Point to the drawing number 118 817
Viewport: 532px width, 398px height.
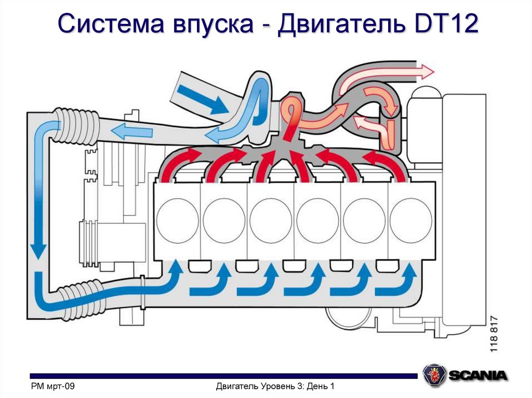point(493,334)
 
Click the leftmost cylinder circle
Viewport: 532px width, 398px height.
point(178,219)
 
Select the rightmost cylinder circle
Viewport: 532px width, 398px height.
point(410,219)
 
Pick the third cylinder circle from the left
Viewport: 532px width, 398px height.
point(271,219)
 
